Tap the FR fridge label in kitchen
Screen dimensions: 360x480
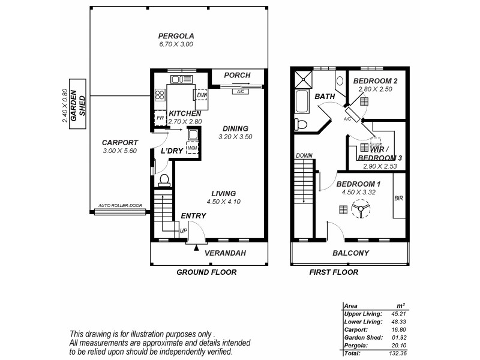coord(160,119)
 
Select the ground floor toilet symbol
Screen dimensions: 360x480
coord(163,180)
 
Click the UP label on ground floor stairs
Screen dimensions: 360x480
coord(184,230)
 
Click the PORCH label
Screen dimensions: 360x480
coord(237,75)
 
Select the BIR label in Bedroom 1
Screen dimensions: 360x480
coord(398,199)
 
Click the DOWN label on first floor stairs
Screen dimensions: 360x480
coord(304,155)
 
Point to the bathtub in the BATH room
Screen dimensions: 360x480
coord(302,102)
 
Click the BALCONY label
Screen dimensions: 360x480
coord(350,253)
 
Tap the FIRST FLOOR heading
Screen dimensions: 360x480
coord(334,272)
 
